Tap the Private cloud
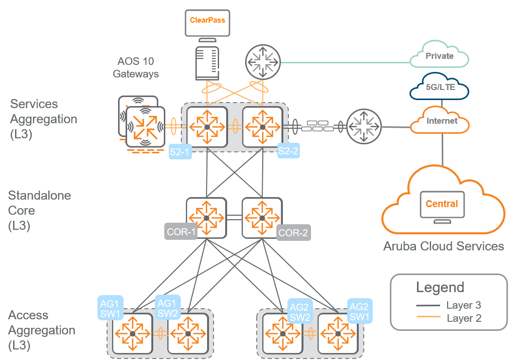(439, 56)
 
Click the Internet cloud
(441, 121)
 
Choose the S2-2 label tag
(288, 150)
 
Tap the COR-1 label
(180, 232)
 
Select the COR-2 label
(293, 232)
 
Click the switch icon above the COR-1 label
(206, 217)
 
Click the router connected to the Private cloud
(262, 62)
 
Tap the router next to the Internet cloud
(365, 126)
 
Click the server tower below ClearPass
(207, 63)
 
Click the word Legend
(440, 288)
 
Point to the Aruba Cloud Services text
(443, 246)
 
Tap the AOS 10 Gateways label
(136, 67)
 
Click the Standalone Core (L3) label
(40, 210)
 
